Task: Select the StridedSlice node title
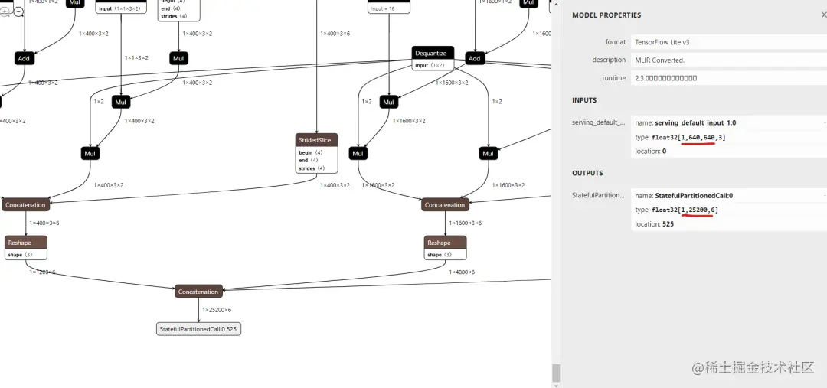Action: pos(316,140)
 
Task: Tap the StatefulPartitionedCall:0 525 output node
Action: pos(198,329)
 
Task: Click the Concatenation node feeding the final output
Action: pos(198,292)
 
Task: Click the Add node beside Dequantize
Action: pos(474,58)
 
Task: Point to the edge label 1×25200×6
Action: pos(217,310)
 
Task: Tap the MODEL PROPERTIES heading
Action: pos(606,15)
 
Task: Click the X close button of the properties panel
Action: pos(823,15)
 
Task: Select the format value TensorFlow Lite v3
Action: pos(662,42)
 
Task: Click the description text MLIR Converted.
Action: pos(660,60)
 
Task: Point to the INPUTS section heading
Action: pos(584,100)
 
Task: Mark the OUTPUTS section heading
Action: pos(587,173)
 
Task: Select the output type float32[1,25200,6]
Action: pos(685,210)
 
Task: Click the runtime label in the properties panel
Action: pos(613,78)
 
